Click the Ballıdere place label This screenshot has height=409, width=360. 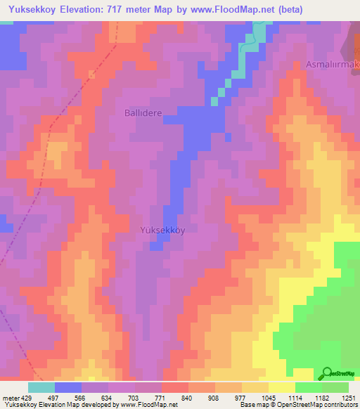(x=143, y=112)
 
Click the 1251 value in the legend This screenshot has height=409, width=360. (x=349, y=397)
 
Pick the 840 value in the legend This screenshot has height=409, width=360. (x=188, y=397)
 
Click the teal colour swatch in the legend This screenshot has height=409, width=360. (x=41, y=387)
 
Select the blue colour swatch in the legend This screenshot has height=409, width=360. (x=68, y=387)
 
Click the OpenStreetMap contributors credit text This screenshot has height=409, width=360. (x=321, y=405)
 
